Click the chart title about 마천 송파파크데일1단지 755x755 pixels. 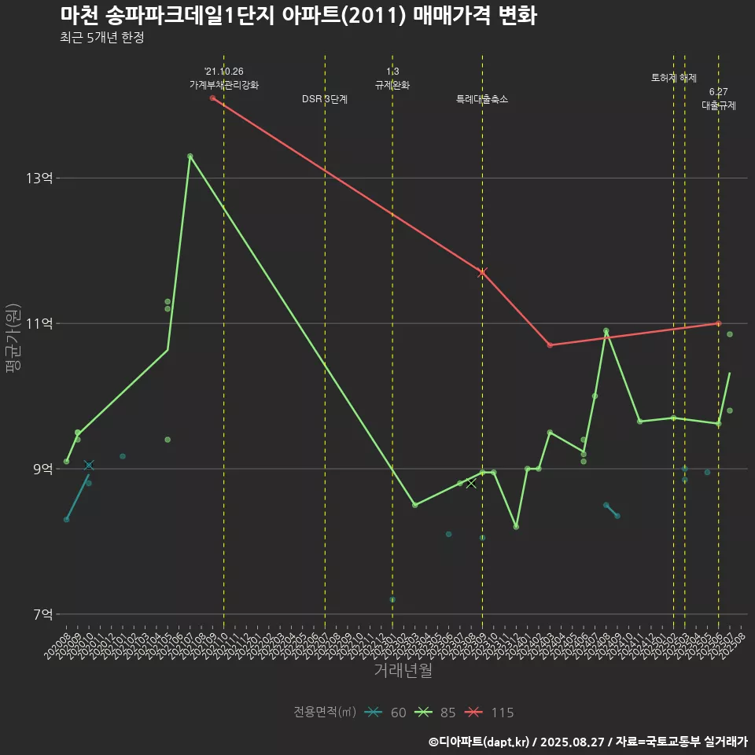pyautogui.click(x=298, y=16)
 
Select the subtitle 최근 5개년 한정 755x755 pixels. pyautogui.click(x=101, y=38)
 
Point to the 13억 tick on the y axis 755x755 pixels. pyautogui.click(x=39, y=179)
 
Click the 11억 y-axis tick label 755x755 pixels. pyautogui.click(x=39, y=323)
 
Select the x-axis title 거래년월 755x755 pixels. pyautogui.click(x=403, y=671)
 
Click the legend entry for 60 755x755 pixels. pyautogui.click(x=386, y=713)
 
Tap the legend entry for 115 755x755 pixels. pyautogui.click(x=487, y=713)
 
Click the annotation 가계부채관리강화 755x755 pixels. pyautogui.click(x=223, y=84)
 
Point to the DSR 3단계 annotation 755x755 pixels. pyautogui.click(x=325, y=100)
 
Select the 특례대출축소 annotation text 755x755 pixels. pyautogui.click(x=482, y=100)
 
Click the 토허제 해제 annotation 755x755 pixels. pyautogui.click(x=674, y=78)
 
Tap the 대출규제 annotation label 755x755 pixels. pyautogui.click(x=718, y=105)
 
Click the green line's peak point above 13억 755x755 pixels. pyautogui.click(x=190, y=157)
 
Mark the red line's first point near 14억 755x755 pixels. pyautogui.click(x=212, y=98)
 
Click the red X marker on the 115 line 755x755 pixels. pyautogui.click(x=482, y=272)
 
